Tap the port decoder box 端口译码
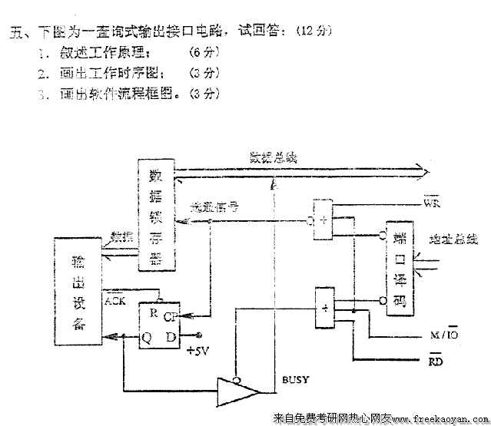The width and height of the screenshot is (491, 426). [400, 270]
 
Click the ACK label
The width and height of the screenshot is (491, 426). [115, 300]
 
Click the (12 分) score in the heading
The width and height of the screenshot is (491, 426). [310, 31]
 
